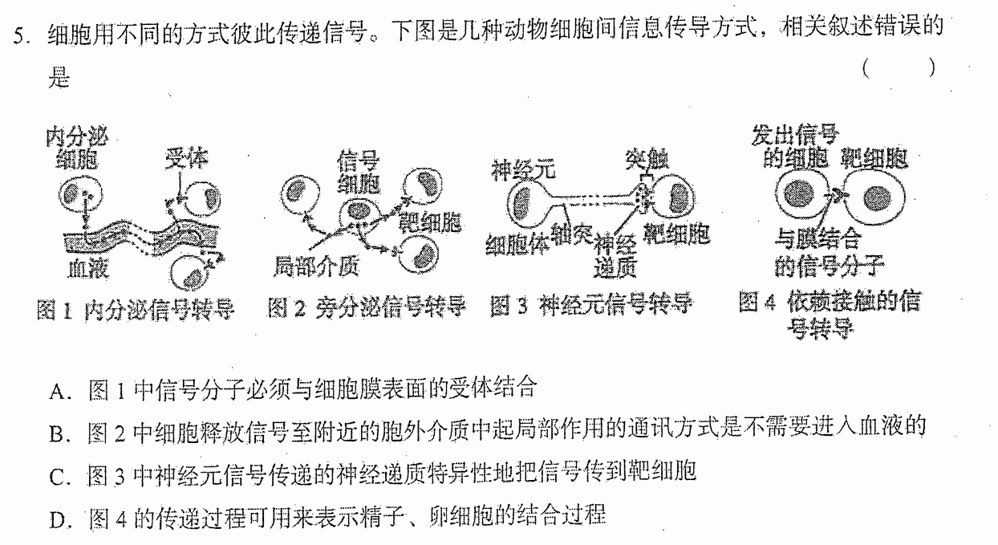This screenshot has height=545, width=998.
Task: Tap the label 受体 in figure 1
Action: [x=186, y=158]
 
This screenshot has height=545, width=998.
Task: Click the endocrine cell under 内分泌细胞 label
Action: [x=81, y=194]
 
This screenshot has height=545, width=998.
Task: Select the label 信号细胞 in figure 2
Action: [x=359, y=173]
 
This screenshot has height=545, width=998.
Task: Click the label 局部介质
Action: [x=316, y=267]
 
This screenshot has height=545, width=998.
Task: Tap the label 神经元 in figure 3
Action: [x=524, y=170]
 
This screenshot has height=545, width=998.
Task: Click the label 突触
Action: [x=647, y=160]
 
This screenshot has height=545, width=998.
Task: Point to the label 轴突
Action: [x=572, y=234]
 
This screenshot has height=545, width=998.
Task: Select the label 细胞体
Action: [x=517, y=244]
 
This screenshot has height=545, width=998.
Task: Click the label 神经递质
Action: [x=616, y=256]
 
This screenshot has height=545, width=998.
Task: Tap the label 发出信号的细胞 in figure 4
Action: [x=795, y=147]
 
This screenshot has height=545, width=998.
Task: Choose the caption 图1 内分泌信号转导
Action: [x=136, y=310]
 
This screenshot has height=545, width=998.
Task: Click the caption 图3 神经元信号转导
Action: [x=590, y=305]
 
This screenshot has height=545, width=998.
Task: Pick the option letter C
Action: [x=59, y=478]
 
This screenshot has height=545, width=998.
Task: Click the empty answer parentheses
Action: [x=899, y=68]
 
